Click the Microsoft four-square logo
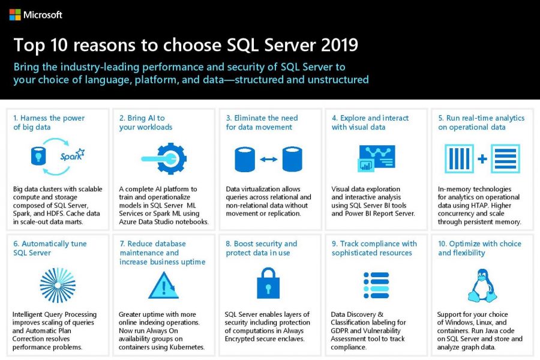coord(15,14)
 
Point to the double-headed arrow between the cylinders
coord(268,159)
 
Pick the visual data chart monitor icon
coord(375,158)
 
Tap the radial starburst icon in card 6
coord(58,285)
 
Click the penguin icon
coord(480,285)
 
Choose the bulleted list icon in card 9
coord(376,285)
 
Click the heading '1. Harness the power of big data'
coord(49,122)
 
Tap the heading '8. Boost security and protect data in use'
coord(262,248)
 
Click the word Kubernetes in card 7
coord(185,347)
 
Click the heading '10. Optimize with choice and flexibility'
coord(479,248)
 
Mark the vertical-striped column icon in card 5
coord(459,158)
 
